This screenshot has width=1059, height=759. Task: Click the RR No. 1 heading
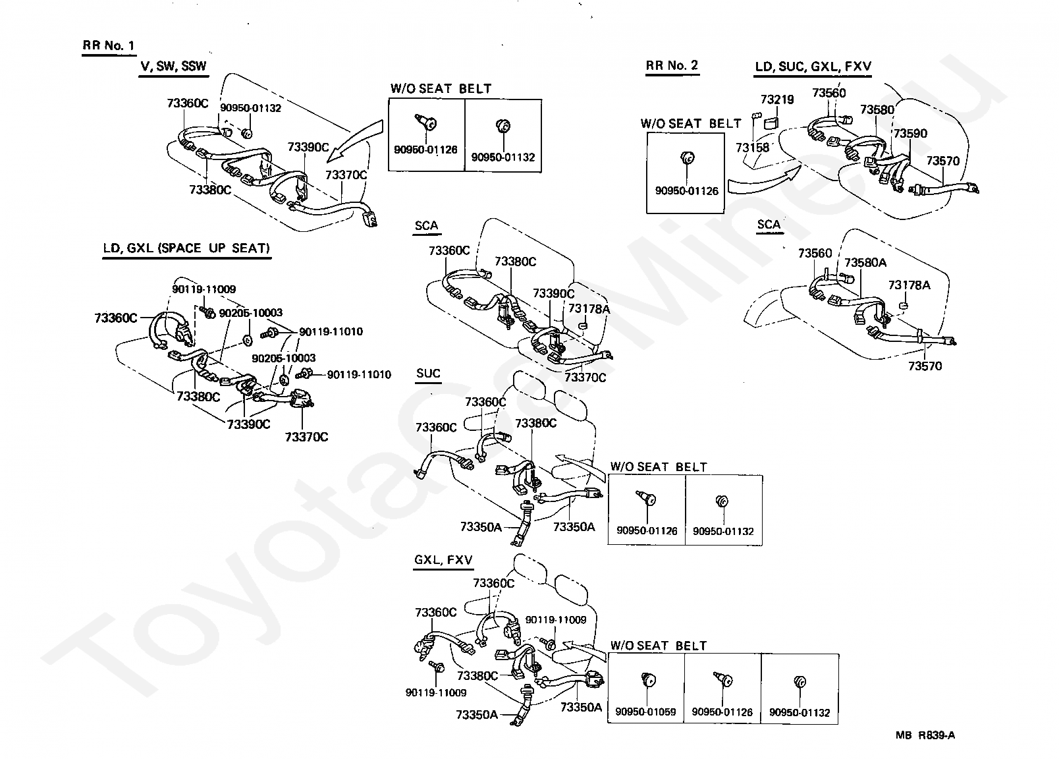pyautogui.click(x=108, y=45)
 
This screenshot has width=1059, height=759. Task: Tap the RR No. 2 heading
pyautogui.click(x=672, y=65)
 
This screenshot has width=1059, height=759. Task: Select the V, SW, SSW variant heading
pyautogui.click(x=173, y=66)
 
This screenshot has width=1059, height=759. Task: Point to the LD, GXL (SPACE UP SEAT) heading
pyautogui.click(x=187, y=248)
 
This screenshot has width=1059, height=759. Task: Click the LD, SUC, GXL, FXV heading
pyautogui.click(x=813, y=67)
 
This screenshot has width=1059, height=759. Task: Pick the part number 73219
pyautogui.click(x=777, y=99)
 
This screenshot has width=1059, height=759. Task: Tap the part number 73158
pyautogui.click(x=752, y=148)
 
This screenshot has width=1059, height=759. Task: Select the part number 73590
pyautogui.click(x=910, y=133)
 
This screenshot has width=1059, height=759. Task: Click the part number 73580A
pyautogui.click(x=865, y=262)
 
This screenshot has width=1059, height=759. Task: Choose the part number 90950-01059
pyautogui.click(x=645, y=712)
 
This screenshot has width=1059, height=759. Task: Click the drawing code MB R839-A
pyautogui.click(x=925, y=735)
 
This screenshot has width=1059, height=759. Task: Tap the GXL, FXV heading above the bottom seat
pyautogui.click(x=443, y=560)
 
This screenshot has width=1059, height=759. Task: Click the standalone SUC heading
pyautogui.click(x=428, y=373)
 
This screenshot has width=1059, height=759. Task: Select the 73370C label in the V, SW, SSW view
pyautogui.click(x=346, y=175)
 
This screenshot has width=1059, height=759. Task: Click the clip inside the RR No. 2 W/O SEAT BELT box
pyautogui.click(x=688, y=157)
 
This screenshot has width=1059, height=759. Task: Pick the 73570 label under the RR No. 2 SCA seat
pyautogui.click(x=925, y=366)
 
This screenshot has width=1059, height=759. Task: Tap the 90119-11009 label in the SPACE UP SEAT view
pyautogui.click(x=204, y=289)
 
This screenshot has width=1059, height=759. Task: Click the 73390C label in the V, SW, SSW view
pyautogui.click(x=308, y=147)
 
